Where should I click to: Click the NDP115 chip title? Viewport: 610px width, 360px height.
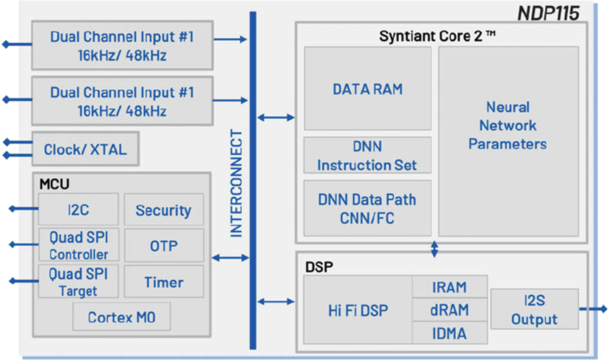click(x=548, y=13)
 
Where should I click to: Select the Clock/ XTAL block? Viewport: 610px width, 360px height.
click(x=85, y=149)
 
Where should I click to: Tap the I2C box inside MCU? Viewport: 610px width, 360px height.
click(x=79, y=210)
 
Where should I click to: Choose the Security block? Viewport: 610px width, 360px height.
click(x=164, y=210)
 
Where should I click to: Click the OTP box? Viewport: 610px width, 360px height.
click(x=164, y=246)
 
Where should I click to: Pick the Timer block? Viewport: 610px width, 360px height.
click(x=164, y=282)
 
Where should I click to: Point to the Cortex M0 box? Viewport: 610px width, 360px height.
click(x=122, y=317)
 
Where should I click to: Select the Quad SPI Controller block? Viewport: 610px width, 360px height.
click(x=79, y=245)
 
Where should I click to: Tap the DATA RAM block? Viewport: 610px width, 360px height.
click(x=368, y=89)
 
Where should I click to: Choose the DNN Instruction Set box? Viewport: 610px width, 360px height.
click(x=367, y=156)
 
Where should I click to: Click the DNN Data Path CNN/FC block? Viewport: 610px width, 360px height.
click(x=367, y=208)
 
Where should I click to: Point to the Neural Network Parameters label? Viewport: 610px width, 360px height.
click(x=508, y=125)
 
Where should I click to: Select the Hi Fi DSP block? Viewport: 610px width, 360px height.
click(x=358, y=310)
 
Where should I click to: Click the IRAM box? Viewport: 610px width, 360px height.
click(x=449, y=287)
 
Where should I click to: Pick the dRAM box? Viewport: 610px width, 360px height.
click(x=449, y=310)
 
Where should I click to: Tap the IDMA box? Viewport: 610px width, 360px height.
click(x=449, y=333)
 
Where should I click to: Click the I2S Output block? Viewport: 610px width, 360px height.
click(x=534, y=310)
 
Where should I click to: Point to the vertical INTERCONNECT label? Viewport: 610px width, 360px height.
click(x=236, y=183)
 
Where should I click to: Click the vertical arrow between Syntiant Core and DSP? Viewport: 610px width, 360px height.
click(x=434, y=249)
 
